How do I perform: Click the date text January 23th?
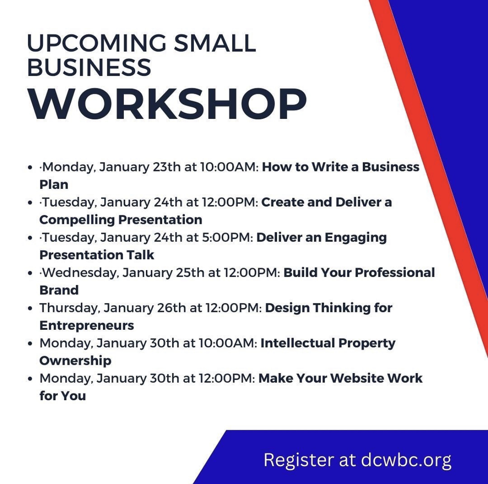(x=140, y=167)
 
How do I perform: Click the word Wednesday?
(x=80, y=273)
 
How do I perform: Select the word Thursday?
(x=70, y=308)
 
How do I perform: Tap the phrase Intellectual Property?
(x=328, y=343)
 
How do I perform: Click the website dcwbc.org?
(x=406, y=460)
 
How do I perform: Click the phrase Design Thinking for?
(x=329, y=308)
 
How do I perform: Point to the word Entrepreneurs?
(x=87, y=326)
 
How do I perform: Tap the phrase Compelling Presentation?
(x=121, y=220)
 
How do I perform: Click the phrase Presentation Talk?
(x=97, y=255)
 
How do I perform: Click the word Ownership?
(x=75, y=361)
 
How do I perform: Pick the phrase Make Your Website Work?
(x=340, y=379)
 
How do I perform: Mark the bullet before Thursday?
(x=30, y=309)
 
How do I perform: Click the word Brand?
(x=59, y=290)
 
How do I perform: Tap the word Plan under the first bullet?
(x=54, y=184)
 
